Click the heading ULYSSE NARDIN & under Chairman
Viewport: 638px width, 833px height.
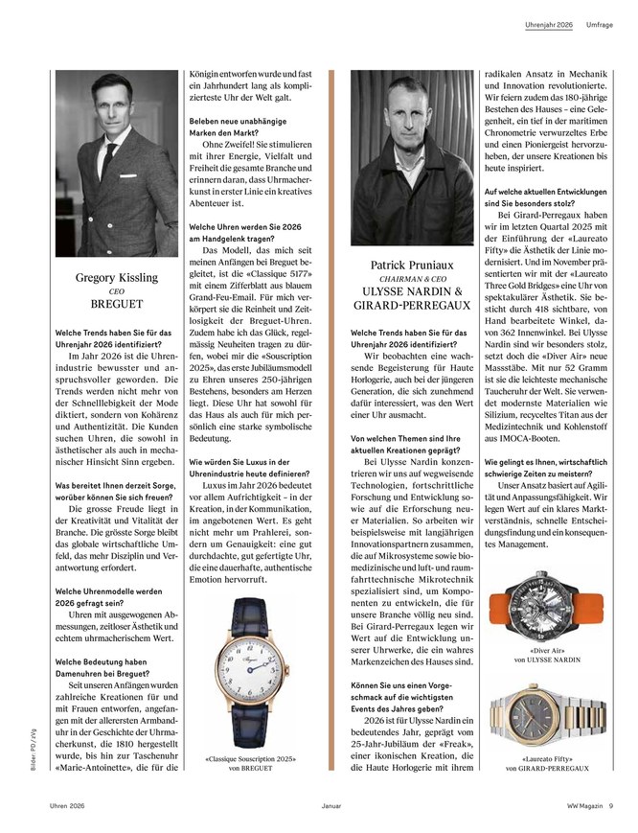tap(412, 290)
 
